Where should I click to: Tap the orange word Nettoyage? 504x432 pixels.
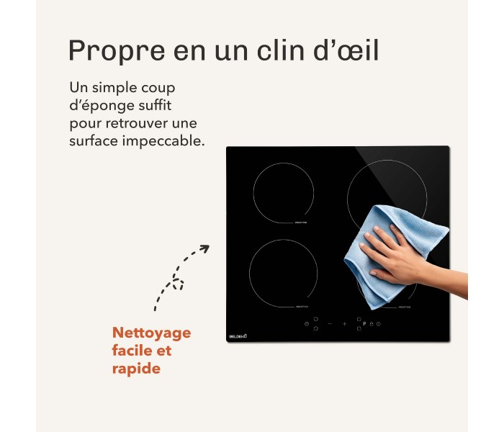tap(151, 333)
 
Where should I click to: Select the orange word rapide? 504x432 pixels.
tap(135, 369)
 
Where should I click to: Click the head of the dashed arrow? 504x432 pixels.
tap(204, 249)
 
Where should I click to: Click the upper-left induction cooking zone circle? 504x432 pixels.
tap(283, 192)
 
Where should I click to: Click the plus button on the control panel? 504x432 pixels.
tap(344, 324)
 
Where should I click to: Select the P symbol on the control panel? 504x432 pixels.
tap(364, 324)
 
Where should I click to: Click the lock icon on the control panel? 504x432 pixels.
tap(372, 324)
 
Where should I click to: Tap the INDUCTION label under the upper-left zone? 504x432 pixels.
tap(300, 223)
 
